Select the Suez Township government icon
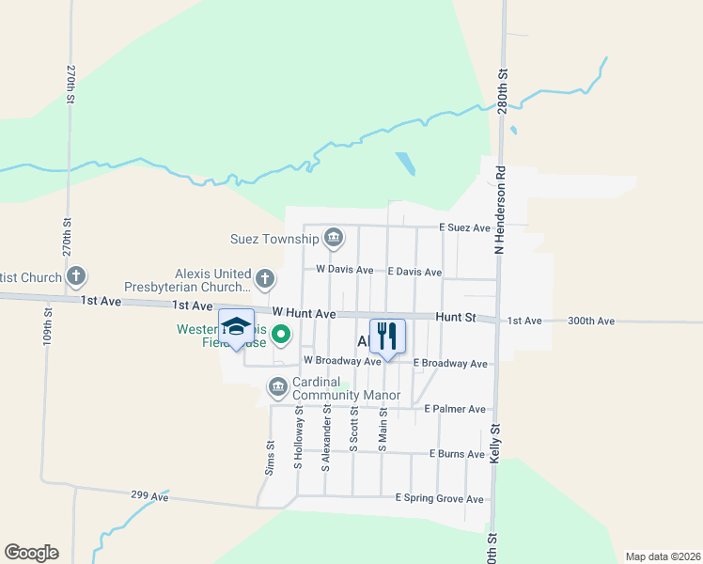point(333,239)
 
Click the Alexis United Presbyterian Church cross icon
point(265,278)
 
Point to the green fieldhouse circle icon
point(280,334)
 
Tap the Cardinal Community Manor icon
point(278,386)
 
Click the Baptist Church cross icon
point(76,277)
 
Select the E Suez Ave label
point(465,227)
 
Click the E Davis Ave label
point(414,272)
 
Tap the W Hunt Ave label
point(304,312)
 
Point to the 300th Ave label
point(591,321)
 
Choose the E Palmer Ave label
point(455,409)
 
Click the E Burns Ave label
point(457,454)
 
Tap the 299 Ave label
point(149,494)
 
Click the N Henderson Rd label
point(501,211)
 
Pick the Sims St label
point(270,458)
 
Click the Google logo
point(31,553)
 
